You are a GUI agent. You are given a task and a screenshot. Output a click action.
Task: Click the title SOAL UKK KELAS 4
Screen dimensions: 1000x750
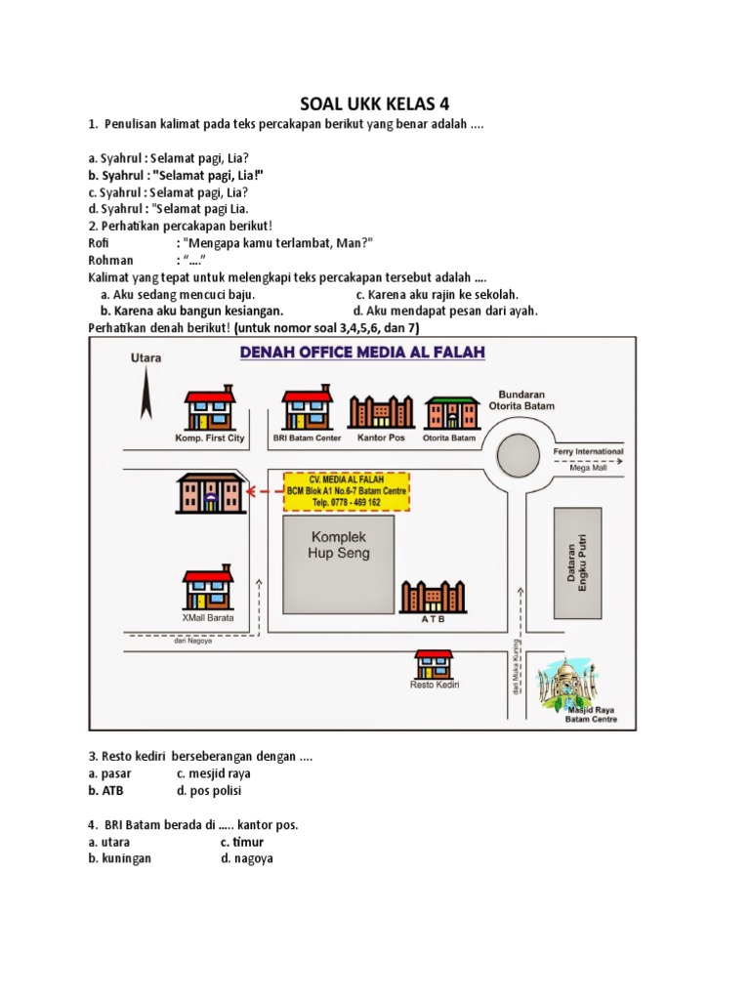pyautogui.click(x=374, y=104)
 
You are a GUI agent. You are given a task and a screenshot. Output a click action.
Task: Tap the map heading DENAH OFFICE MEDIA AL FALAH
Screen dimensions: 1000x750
pyautogui.click(x=362, y=353)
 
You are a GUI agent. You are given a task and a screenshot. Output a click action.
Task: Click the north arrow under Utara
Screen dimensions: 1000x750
pyautogui.click(x=144, y=396)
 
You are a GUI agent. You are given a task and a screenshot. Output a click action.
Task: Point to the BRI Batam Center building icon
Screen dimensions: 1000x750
pyautogui.click(x=307, y=407)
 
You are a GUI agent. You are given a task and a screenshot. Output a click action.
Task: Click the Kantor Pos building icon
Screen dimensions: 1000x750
pyautogui.click(x=380, y=411)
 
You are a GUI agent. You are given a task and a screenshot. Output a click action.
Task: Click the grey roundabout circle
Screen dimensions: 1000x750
pyautogui.click(x=518, y=455)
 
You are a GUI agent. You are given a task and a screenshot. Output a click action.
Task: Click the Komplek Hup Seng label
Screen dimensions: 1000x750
pyautogui.click(x=339, y=545)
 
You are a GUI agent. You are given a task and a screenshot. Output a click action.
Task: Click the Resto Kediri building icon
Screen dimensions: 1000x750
pyautogui.click(x=434, y=664)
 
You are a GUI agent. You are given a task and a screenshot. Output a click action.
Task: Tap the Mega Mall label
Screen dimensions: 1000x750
pyautogui.click(x=588, y=468)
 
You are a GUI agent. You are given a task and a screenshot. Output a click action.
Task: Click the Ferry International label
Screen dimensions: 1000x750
pyautogui.click(x=588, y=452)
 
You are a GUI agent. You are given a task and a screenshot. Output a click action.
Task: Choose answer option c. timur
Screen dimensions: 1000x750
pyautogui.click(x=241, y=842)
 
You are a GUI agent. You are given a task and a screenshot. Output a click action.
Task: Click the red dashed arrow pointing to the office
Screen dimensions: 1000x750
pyautogui.click(x=265, y=491)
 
